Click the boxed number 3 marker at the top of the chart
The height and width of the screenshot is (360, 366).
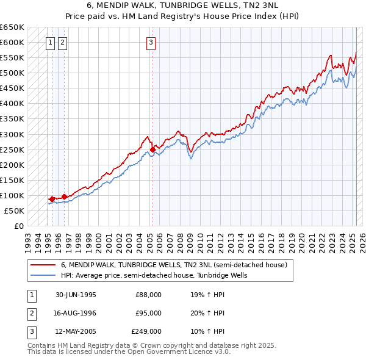click(x=151, y=42)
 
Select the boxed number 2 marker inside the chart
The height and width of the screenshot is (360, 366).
click(x=63, y=42)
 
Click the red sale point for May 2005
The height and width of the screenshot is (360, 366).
click(x=152, y=149)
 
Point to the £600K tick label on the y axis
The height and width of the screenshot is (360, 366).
click(x=12, y=43)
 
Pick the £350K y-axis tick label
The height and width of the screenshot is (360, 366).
click(x=12, y=119)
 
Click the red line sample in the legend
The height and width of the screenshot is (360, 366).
click(x=42, y=265)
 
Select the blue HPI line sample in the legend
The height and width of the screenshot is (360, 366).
click(x=42, y=275)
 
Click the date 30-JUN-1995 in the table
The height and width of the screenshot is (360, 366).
click(x=76, y=295)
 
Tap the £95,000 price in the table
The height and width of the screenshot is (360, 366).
click(x=148, y=313)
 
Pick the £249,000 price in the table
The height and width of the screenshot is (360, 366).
click(x=146, y=331)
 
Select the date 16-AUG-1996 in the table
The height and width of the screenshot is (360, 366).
click(x=76, y=313)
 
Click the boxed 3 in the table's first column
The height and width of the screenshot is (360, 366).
click(x=30, y=331)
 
